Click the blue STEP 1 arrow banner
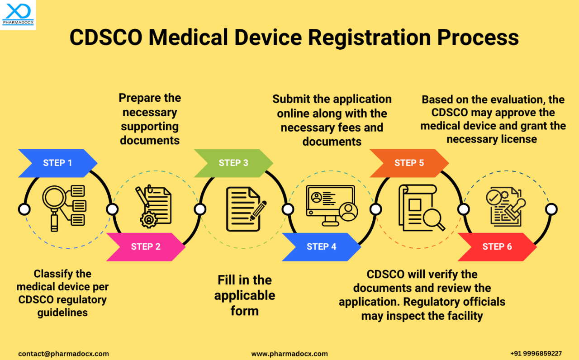point(57,163)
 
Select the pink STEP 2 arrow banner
point(145,246)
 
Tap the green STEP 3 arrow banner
point(233,163)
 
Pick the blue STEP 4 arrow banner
point(321,246)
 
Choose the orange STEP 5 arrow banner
point(409,163)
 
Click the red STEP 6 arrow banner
point(497,246)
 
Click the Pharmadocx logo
point(18,14)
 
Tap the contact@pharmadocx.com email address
point(63,354)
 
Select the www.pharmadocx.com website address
point(289,354)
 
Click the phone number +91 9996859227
point(536,354)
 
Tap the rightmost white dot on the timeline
point(551,209)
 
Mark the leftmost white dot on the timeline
point(24,209)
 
